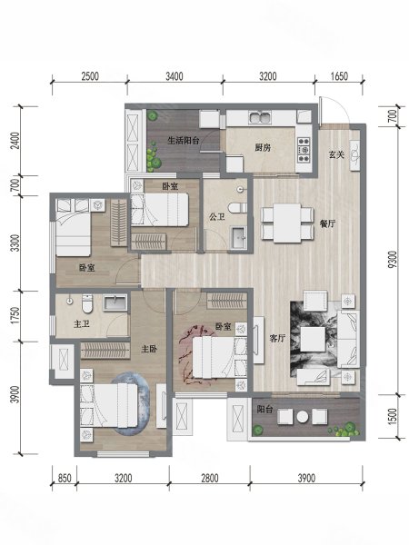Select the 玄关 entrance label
click(335, 154)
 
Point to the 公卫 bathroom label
click(216, 217)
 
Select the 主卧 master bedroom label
click(150, 348)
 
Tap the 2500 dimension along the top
click(88, 76)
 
